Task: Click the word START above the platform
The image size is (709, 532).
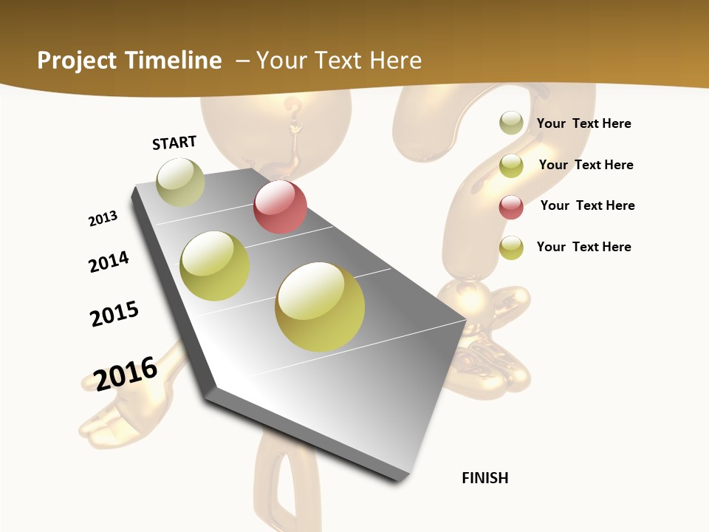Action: (174, 143)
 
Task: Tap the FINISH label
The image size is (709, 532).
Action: (484, 478)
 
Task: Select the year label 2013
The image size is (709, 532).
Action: (103, 218)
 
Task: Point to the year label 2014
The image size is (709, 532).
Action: (109, 262)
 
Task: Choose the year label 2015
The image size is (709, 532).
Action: (114, 314)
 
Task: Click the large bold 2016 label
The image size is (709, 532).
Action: (126, 373)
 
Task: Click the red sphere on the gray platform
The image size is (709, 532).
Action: (280, 207)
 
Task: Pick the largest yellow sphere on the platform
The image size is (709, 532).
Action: (320, 307)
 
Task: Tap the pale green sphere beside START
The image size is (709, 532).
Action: (180, 182)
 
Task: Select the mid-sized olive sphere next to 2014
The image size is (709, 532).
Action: (215, 266)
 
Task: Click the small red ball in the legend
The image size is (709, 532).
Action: (511, 208)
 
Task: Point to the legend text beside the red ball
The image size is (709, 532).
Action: (587, 205)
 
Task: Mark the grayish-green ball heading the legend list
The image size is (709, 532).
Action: (511, 123)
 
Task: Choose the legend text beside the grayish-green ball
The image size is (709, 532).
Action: (583, 123)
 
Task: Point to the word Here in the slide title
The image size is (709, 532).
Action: (395, 61)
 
